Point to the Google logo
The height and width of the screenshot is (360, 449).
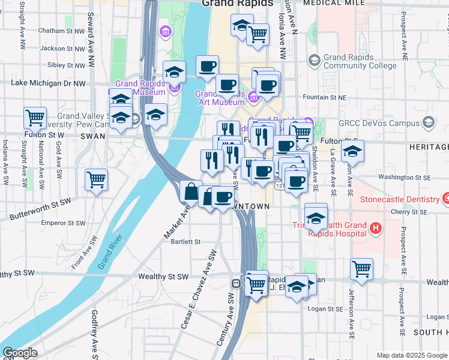[20, 353]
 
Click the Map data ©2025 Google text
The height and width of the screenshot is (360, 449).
[412, 355]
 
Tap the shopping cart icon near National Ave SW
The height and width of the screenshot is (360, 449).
[35, 117]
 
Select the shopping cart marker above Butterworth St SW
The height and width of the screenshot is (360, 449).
[96, 179]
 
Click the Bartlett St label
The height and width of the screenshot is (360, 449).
[185, 242]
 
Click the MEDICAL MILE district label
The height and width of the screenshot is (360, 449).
[334, 3]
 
